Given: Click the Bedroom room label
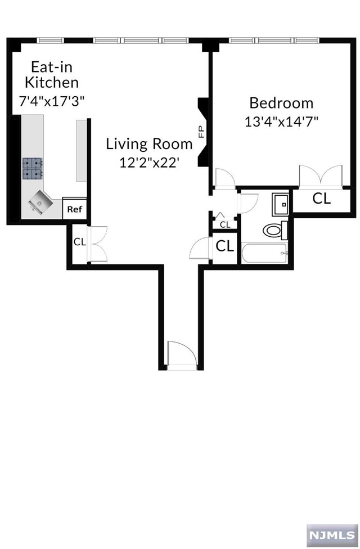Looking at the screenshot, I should point(281,103).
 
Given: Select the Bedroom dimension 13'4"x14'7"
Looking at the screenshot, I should point(281,121).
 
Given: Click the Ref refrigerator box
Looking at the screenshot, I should point(74,209).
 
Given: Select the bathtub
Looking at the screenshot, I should point(264,254).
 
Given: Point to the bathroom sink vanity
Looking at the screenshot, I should point(280,204).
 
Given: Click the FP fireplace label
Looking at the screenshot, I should point(200,132).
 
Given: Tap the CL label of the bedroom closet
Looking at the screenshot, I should point(321,199).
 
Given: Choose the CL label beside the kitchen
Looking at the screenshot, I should point(79,242).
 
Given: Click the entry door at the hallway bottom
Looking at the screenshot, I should point(181,355).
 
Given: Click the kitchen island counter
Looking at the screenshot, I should point(82,150).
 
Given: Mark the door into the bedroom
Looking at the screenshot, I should point(225,179).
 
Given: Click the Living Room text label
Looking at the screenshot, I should point(149,144).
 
